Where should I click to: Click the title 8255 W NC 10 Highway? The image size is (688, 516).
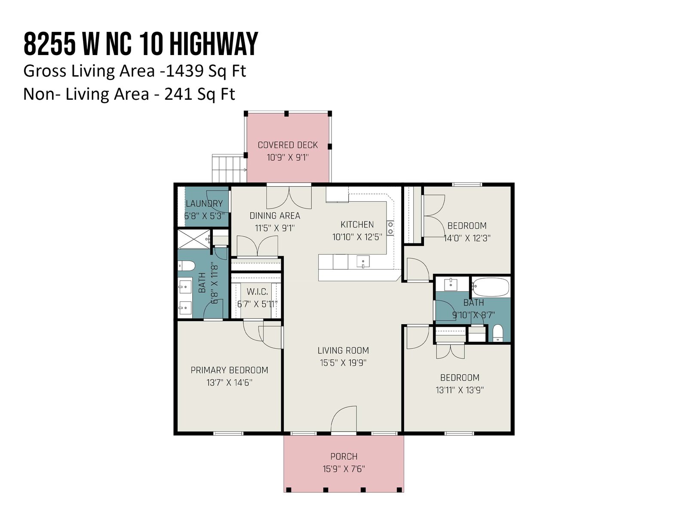click(141, 44)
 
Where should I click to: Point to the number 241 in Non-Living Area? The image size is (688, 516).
click(178, 94)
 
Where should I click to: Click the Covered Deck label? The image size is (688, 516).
click(288, 145)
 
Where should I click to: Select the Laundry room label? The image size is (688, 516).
click(204, 204)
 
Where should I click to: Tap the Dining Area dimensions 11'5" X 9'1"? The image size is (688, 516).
click(275, 228)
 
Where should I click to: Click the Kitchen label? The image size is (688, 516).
click(357, 224)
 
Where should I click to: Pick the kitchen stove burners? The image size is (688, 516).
click(390, 228)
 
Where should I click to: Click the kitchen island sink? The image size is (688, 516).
click(363, 261)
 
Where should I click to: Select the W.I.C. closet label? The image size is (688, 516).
click(257, 292)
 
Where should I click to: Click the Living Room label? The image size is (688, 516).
click(343, 350)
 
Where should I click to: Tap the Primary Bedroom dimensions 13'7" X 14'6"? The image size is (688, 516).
click(230, 383)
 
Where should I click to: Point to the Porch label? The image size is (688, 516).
click(344, 457)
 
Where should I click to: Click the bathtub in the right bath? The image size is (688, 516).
click(491, 287)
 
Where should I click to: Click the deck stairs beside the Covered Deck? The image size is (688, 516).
click(229, 169)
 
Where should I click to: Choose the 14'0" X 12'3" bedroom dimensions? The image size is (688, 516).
click(467, 238)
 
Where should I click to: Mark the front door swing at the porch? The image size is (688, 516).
click(344, 419)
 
